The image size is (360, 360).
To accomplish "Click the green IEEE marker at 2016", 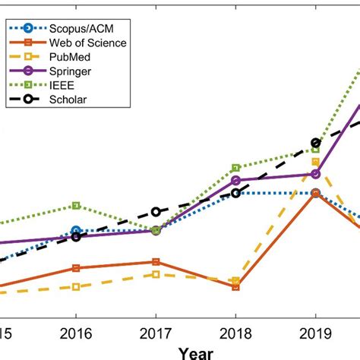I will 76,206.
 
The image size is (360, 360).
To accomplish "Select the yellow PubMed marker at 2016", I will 76,286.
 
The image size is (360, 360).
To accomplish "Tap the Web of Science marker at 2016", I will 76,268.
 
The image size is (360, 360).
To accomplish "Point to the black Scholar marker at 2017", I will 156,212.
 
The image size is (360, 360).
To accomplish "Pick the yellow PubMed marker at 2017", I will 156,274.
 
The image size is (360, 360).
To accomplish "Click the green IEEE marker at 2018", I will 235,167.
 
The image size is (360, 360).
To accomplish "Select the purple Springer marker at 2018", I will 235,180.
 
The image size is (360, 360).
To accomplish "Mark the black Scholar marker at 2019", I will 315,142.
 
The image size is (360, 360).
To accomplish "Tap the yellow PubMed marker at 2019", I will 315,162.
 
